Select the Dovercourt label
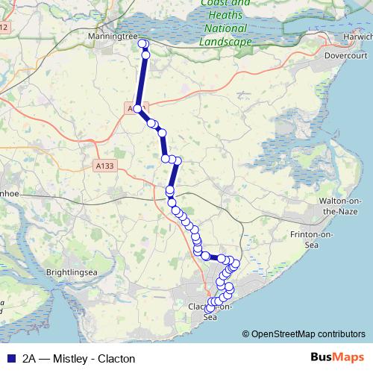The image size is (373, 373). [x=343, y=55]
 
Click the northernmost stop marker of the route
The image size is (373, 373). [x=143, y=44]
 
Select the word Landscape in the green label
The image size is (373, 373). [x=225, y=43]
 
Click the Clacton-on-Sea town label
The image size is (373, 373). [x=212, y=311]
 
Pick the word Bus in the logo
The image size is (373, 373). [x=321, y=358]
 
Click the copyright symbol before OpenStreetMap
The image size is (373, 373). [x=246, y=333]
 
